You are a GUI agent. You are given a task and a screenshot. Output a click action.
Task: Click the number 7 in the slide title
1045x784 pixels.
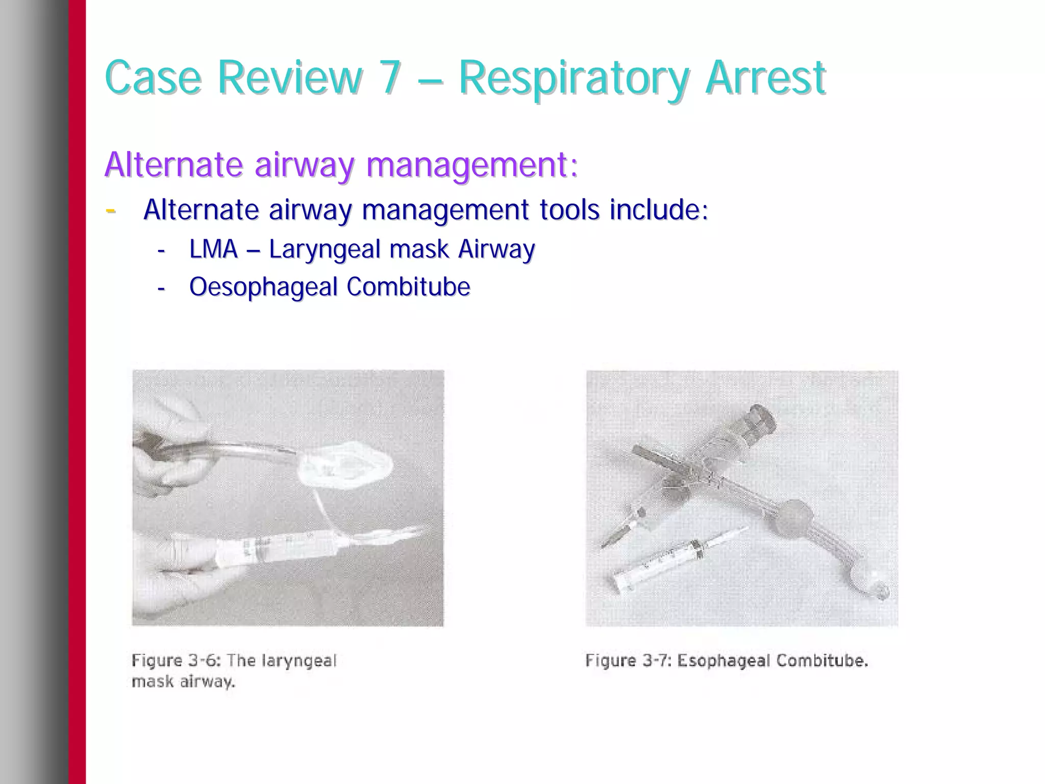(390, 78)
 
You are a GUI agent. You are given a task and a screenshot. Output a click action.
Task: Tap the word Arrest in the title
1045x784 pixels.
(765, 78)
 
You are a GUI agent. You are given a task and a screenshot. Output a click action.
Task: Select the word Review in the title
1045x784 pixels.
(290, 78)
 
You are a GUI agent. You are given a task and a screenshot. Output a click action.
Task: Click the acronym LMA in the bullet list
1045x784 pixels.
(213, 249)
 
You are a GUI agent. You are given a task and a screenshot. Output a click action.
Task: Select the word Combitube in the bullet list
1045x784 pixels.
(408, 287)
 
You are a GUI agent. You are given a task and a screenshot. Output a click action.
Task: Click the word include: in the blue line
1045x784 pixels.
(659, 210)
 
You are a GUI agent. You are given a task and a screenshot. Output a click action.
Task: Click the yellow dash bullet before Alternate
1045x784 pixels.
(110, 210)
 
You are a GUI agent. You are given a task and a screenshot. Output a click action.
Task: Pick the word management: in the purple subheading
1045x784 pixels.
(472, 165)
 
